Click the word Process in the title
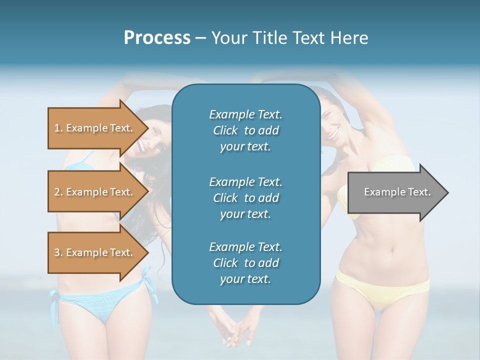157,38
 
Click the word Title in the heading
268,38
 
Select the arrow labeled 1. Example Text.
95,128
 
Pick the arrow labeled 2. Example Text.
95,192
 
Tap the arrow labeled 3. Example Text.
95,252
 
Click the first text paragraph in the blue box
245,130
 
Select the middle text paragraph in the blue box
245,198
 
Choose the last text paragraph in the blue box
245,263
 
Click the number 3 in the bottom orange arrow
57,252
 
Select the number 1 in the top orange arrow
57,128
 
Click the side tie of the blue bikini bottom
53,305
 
